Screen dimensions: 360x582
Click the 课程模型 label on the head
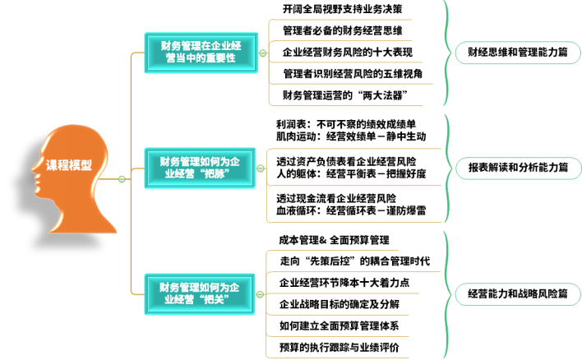tap(68, 164)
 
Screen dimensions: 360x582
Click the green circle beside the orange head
tap(122, 179)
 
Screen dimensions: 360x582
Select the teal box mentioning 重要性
tap(201, 53)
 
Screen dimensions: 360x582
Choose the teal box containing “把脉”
tap(201, 168)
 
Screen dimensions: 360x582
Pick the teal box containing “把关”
tap(201, 293)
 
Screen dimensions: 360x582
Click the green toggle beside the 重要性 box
tap(263, 53)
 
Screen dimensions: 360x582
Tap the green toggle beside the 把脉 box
tap(261, 168)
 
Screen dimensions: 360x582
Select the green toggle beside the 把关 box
tap(261, 293)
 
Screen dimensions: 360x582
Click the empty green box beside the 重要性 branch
tap(518, 53)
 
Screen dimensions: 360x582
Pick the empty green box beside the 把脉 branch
tap(518, 168)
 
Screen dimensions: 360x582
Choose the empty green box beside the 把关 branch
tap(518, 294)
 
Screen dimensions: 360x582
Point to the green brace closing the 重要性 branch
tap(448, 53)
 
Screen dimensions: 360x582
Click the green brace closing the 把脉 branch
tap(448, 168)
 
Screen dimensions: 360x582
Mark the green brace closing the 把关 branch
tap(448, 294)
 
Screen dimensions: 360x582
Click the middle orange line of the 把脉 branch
tap(353, 186)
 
